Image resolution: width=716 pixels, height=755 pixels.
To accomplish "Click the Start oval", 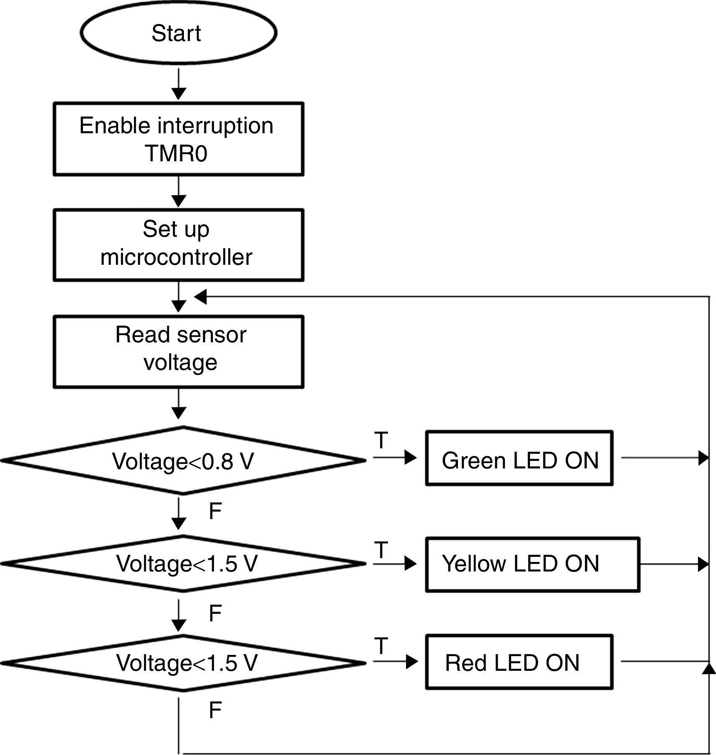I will tap(178, 33).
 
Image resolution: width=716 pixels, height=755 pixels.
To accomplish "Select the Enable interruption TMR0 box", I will tap(178, 139).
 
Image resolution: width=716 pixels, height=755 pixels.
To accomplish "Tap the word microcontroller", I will tap(176, 257).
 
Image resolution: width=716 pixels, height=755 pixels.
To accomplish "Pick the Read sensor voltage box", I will tap(178, 352).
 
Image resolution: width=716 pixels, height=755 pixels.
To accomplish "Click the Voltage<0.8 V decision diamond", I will tap(183, 460).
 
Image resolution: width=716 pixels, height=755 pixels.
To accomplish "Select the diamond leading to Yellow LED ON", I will tap(183, 564).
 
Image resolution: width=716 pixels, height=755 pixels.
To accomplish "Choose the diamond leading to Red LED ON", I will tap(183, 663).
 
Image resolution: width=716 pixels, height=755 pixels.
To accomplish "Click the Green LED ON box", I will tap(519, 458).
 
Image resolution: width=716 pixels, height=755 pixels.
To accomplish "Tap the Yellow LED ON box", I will tap(532, 564).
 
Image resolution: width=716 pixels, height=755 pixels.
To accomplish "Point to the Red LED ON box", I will tap(519, 662).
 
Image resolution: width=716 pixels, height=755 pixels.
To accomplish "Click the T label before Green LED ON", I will tap(381, 440).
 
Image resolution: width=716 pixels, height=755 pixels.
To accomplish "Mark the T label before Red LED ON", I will tap(381, 646).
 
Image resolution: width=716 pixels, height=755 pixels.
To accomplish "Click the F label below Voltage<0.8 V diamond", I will tap(215, 511).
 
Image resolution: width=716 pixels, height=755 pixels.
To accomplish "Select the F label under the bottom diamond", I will tap(215, 710).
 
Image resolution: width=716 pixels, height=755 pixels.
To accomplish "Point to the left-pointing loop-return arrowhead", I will tap(201, 297).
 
